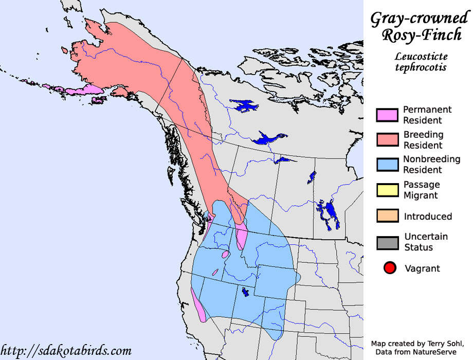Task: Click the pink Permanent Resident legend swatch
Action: tap(387, 115)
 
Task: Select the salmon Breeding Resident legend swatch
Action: tap(387, 140)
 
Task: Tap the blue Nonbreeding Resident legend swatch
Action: tap(387, 165)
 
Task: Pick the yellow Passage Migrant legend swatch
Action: tap(387, 190)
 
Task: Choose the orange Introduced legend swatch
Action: tap(387, 215)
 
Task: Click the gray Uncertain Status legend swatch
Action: tap(387, 242)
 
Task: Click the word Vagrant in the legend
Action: tap(422, 268)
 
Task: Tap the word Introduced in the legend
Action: tap(428, 217)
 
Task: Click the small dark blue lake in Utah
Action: tap(246, 292)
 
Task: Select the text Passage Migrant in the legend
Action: tap(421, 190)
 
